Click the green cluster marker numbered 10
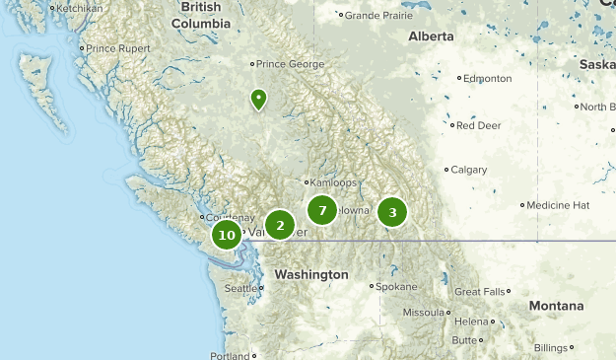tap(227, 235)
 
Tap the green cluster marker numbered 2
tap(280, 226)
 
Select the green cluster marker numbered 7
tap(321, 210)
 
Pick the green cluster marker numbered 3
tap(392, 212)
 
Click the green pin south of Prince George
tap(258, 99)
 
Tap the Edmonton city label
tap(489, 79)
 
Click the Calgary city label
tap(469, 170)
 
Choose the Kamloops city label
tap(334, 182)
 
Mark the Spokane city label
tap(397, 287)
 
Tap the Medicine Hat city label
tap(557, 205)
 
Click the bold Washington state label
tap(310, 273)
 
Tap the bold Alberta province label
tap(431, 36)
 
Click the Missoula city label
tap(425, 313)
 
